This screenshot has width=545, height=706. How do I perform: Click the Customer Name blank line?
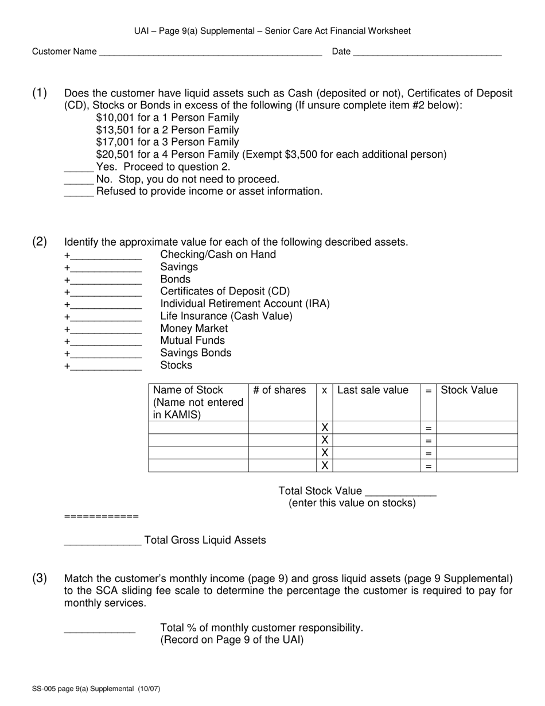click(210, 53)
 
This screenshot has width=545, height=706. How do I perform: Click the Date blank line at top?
click(427, 53)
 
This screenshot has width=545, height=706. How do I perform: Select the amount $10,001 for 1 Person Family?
click(118, 118)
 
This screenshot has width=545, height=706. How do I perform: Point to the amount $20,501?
click(118, 154)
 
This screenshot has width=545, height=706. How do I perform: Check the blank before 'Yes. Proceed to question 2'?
click(79, 168)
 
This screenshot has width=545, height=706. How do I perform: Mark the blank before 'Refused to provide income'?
click(79, 192)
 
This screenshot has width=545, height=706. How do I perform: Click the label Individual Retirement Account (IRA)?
click(245, 304)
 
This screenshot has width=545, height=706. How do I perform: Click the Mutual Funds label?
click(193, 340)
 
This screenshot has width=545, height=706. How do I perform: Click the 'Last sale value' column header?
click(373, 390)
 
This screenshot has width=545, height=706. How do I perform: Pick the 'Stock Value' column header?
click(469, 390)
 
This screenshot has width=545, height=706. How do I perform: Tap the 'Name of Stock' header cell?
click(198, 402)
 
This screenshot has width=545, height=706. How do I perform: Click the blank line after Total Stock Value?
click(400, 492)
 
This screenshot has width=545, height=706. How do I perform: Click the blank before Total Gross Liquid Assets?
click(102, 541)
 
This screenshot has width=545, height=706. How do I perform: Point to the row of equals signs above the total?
click(102, 517)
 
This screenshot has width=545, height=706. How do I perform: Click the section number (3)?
click(40, 578)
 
